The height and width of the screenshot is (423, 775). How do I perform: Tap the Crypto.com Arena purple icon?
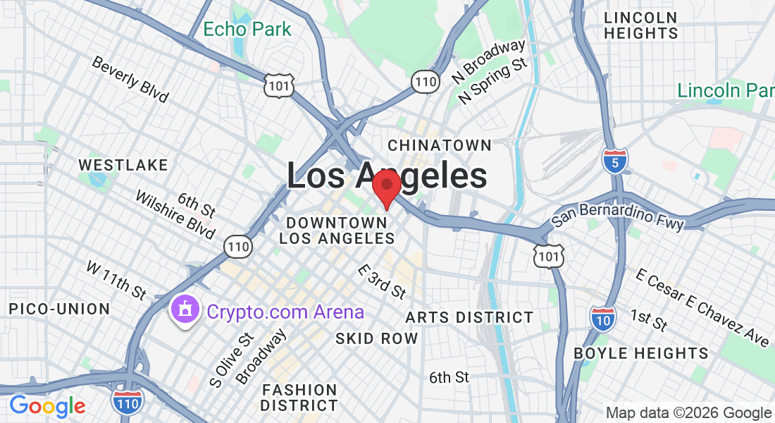[x=185, y=311]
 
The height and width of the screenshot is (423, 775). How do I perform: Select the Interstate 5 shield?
[x=615, y=161]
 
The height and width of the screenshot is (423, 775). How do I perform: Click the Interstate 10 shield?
[x=602, y=318]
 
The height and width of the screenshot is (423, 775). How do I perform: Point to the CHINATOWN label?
[x=440, y=145]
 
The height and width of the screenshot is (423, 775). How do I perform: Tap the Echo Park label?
[x=247, y=30]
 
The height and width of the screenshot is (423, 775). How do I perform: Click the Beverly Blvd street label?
[x=130, y=80]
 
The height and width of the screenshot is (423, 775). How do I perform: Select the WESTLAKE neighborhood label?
[x=123, y=165]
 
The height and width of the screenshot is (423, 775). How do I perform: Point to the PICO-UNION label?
[x=59, y=309]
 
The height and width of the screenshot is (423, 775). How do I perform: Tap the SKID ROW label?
[x=376, y=338]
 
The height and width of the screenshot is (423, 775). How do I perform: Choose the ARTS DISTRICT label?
[x=469, y=317]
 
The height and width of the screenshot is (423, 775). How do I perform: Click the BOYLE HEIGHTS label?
[x=641, y=353]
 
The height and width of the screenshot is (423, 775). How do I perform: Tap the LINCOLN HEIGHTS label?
[x=641, y=25]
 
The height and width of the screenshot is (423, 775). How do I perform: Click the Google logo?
[x=47, y=405]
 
